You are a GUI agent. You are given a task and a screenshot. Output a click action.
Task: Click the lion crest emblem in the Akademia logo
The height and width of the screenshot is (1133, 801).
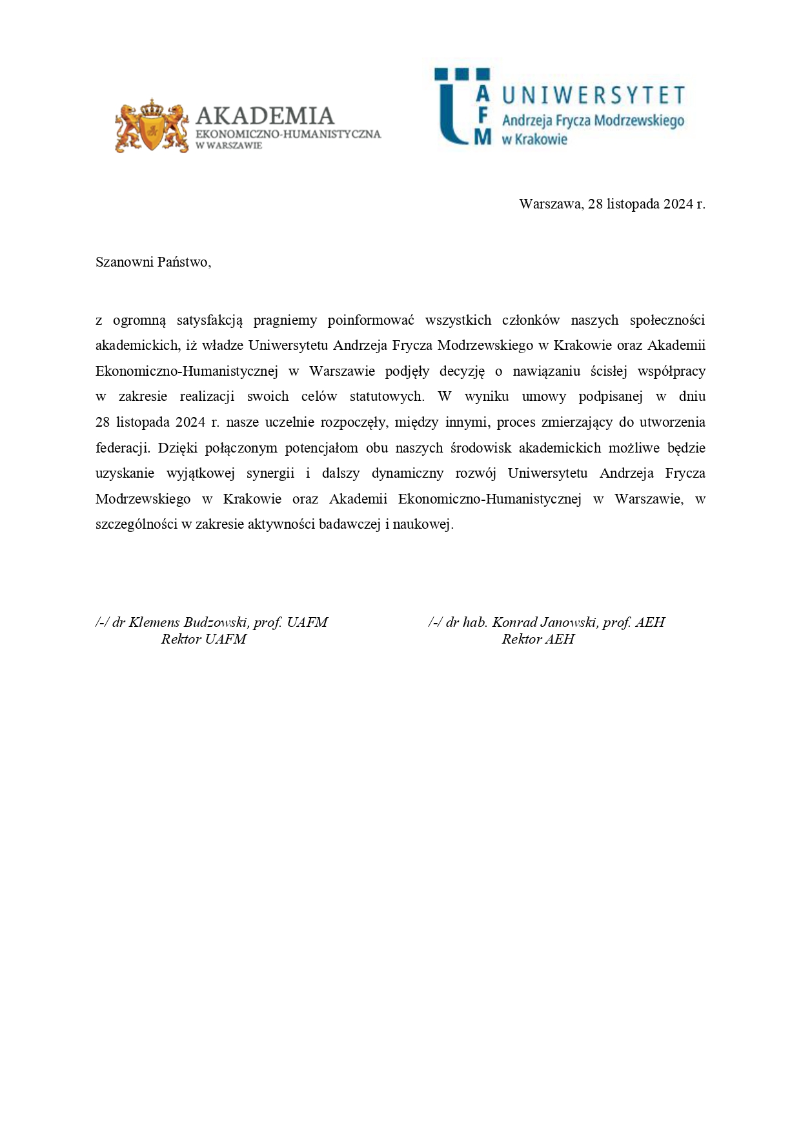152,126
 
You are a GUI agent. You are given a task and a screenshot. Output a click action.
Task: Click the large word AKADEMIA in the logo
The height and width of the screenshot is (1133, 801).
265,116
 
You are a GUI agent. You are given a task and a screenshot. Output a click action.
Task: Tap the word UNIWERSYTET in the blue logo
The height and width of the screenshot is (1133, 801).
593,96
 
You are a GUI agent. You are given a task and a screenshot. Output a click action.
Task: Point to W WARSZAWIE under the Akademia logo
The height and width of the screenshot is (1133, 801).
229,146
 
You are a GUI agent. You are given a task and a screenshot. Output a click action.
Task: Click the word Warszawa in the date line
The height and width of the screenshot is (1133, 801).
551,205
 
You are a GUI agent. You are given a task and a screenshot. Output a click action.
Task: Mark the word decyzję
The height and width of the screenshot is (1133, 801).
461,371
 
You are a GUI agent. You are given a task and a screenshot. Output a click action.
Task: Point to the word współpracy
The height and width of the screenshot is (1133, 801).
671,371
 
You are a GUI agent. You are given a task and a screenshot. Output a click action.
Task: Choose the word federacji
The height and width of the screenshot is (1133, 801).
122,448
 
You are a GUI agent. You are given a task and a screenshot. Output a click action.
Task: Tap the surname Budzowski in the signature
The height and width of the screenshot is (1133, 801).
216,622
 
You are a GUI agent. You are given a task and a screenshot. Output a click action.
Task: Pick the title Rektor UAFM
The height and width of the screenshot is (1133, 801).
203,639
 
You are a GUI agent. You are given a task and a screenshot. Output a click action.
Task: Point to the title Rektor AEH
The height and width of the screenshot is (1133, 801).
538,639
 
